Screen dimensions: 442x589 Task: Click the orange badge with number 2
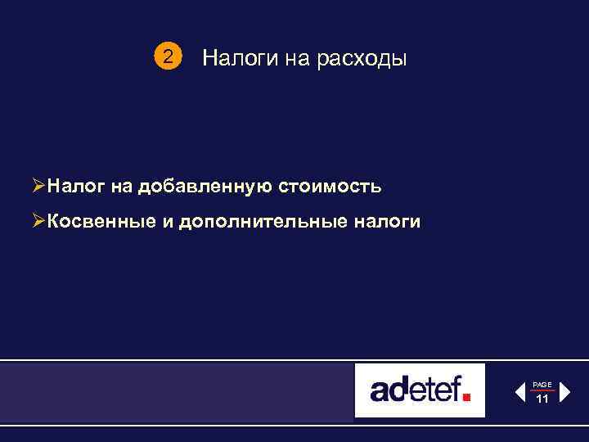168,57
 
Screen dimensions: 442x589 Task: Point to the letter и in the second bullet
178,222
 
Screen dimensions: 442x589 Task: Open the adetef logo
420,390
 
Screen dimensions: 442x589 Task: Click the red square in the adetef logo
467,397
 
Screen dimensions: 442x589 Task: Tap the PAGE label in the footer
542,384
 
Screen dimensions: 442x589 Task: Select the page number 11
542,399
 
